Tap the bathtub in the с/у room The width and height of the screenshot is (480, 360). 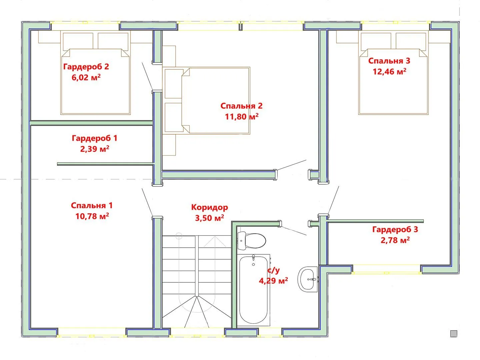click(x=253, y=290)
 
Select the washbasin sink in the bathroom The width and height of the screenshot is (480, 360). click(x=307, y=279)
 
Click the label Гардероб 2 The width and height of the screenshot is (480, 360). click(x=86, y=67)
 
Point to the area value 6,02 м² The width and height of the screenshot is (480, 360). click(x=86, y=77)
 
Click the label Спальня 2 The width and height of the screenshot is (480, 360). click(x=241, y=106)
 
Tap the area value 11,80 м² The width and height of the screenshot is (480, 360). click(x=242, y=117)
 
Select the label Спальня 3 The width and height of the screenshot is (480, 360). click(x=389, y=61)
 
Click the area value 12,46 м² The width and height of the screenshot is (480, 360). click(x=389, y=71)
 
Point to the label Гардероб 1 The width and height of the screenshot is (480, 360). click(x=94, y=138)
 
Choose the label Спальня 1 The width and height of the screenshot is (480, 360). click(x=92, y=205)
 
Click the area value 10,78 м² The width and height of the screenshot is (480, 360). click(x=92, y=216)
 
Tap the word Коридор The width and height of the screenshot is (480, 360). click(x=209, y=207)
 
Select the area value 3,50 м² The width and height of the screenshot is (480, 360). click(x=209, y=218)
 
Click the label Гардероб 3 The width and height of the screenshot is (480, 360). click(x=395, y=230)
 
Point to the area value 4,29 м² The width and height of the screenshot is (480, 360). click(x=273, y=281)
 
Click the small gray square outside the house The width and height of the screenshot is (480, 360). click(x=454, y=333)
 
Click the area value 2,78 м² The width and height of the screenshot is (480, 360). click(x=395, y=240)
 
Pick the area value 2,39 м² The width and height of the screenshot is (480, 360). click(x=95, y=149)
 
